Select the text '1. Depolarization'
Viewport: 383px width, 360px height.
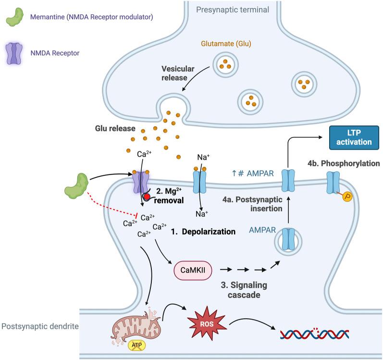coord(203,231)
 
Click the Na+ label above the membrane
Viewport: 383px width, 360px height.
coord(204,157)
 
